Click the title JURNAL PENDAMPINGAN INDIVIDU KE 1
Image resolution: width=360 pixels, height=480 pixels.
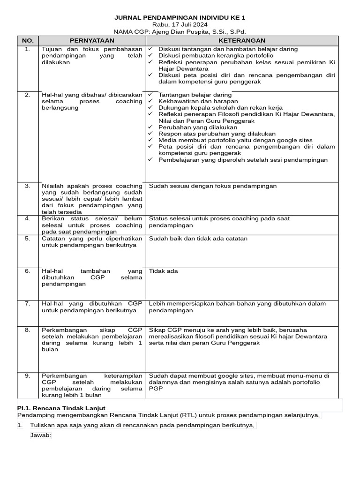[x=180, y=18]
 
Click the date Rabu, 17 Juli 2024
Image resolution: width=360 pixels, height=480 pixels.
[x=180, y=25]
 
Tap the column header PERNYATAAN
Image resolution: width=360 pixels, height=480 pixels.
[x=92, y=41]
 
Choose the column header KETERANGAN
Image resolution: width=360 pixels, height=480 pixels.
[x=241, y=41]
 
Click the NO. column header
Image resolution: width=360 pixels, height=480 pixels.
[x=28, y=41]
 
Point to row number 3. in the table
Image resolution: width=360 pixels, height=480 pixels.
[x=28, y=186]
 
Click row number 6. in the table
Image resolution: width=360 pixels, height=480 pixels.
[x=28, y=271]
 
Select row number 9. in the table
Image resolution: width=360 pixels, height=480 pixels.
[x=28, y=376]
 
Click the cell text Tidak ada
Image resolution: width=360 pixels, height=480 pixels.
[x=163, y=271]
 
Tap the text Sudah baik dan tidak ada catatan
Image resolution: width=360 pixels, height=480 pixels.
[x=198, y=239]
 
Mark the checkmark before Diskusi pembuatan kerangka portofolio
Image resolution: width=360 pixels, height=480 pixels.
[x=150, y=55]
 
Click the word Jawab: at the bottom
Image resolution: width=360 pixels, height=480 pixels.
[x=40, y=435]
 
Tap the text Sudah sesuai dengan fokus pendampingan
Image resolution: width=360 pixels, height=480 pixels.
[x=213, y=186]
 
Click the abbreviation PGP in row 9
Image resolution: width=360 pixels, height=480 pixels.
[x=155, y=389]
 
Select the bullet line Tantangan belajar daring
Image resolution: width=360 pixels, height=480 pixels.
[x=195, y=95]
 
